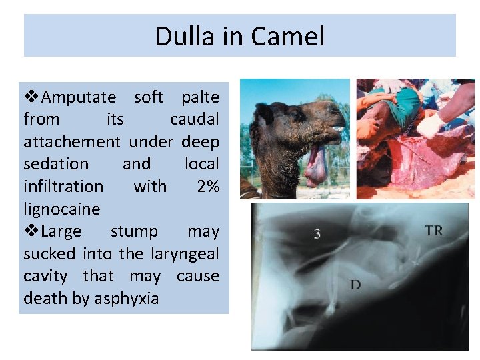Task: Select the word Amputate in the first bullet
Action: [79, 97]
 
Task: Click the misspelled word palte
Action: [200, 97]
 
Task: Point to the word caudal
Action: [195, 119]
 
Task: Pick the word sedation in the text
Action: [56, 164]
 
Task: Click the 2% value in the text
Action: [208, 187]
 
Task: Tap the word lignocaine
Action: [61, 209]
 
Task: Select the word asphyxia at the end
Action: [126, 299]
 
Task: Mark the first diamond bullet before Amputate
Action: [31, 97]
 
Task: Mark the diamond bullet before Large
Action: [31, 231]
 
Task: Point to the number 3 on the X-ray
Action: [317, 234]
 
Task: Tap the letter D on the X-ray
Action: [355, 285]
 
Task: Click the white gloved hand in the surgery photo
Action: [430, 123]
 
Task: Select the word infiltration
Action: [63, 187]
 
